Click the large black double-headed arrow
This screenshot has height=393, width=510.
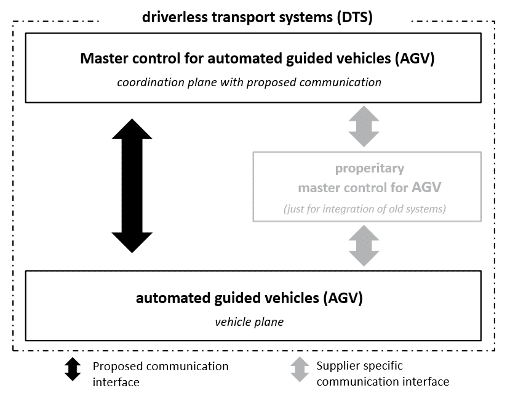point(132,185)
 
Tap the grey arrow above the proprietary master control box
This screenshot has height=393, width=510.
point(364,126)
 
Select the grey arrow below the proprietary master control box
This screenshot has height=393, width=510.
point(364,245)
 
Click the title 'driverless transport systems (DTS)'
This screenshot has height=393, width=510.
point(257,17)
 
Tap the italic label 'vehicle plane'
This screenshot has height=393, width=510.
point(249,322)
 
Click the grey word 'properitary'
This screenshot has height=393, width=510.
point(369,168)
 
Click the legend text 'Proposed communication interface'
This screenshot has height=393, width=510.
point(160,373)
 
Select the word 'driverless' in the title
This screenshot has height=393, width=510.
point(173,17)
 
